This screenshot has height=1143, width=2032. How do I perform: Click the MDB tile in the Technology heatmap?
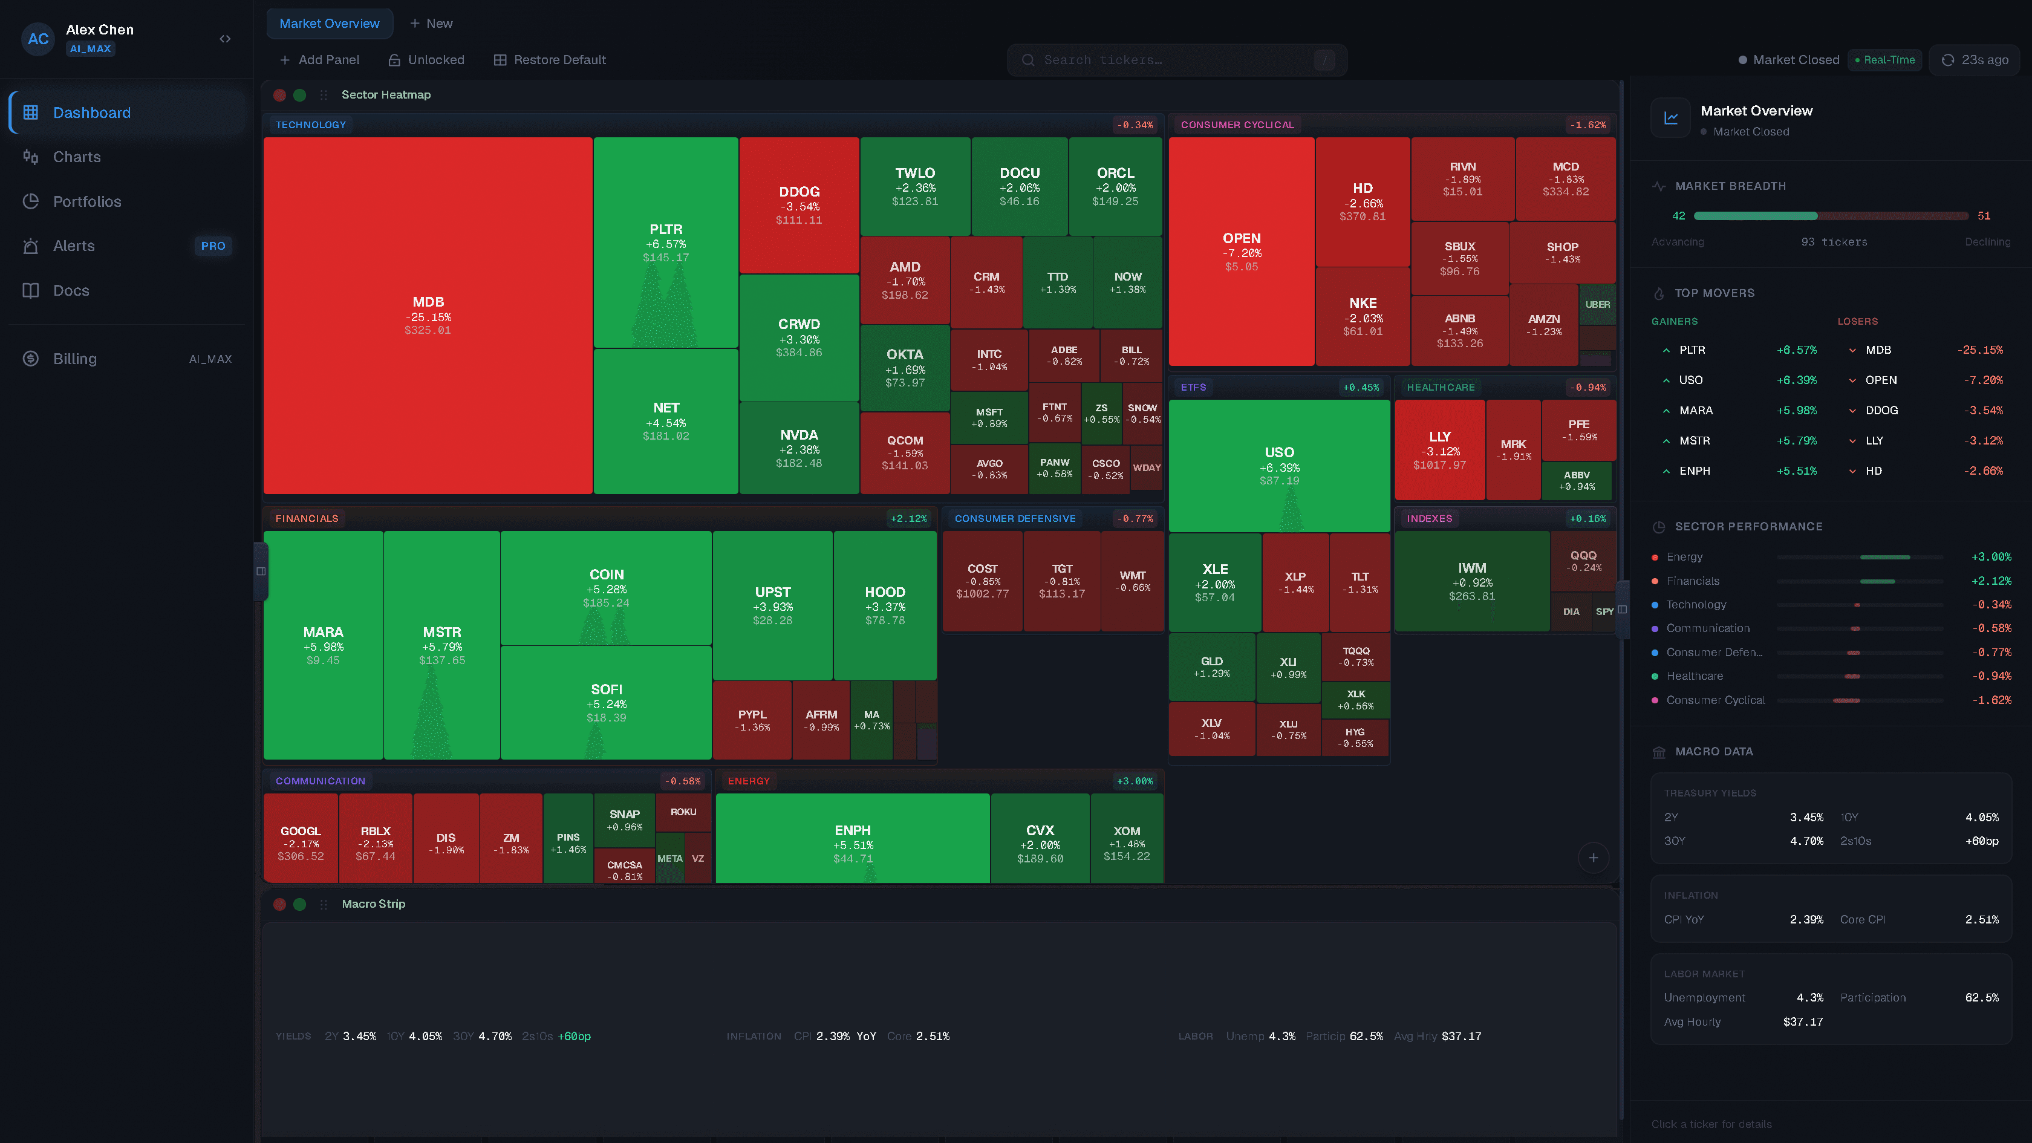[428, 316]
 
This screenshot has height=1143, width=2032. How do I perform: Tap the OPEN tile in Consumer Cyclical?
[1241, 251]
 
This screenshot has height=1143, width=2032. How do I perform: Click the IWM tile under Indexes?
[1471, 581]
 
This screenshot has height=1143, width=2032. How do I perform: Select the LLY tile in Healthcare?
[1439, 449]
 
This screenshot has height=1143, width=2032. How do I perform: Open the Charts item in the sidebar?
[77, 157]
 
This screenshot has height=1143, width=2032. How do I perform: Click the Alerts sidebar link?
[73, 246]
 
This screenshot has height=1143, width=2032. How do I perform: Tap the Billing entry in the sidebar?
[75, 359]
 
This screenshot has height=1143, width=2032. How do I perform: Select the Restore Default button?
[550, 60]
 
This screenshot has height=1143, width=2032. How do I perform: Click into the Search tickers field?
[1167, 60]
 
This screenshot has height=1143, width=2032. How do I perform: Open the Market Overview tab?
[329, 24]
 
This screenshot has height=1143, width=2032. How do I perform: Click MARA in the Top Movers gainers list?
[1696, 410]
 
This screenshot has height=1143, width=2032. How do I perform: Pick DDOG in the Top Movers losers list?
[1881, 410]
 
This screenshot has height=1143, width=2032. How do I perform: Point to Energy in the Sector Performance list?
[1684, 557]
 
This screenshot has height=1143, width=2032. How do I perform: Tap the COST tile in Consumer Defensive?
[982, 581]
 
